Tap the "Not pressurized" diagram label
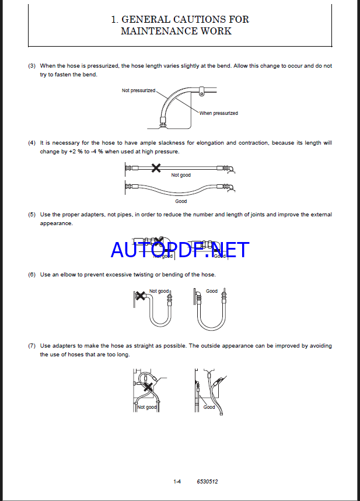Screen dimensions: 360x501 click(138, 90)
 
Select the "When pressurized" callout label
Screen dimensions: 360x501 click(219, 113)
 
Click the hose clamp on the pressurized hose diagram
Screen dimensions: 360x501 click(201, 92)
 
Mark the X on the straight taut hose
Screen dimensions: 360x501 click(156, 168)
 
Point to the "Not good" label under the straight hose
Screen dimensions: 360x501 click(181, 175)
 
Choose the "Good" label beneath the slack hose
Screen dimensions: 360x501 click(181, 201)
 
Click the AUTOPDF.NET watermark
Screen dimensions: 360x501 click(180, 250)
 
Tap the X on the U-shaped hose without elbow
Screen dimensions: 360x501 click(139, 296)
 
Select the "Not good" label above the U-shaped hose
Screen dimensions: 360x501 click(159, 291)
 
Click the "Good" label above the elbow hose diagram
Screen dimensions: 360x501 click(212, 291)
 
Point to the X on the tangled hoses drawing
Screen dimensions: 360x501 click(148, 387)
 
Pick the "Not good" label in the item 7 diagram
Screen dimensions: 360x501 click(147, 407)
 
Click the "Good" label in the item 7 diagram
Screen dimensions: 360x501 click(209, 407)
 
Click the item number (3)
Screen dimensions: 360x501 click(32, 66)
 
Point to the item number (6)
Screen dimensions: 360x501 click(32, 275)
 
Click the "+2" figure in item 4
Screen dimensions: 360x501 click(72, 152)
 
